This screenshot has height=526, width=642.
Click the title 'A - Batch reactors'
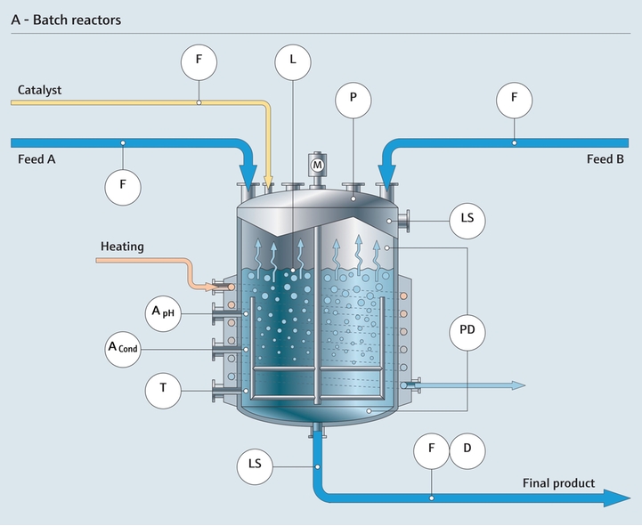click(x=67, y=19)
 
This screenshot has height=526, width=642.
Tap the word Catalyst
click(x=39, y=90)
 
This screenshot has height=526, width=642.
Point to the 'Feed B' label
click(x=605, y=159)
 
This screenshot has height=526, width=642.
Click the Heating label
click(x=122, y=246)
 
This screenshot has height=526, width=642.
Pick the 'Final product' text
click(x=558, y=482)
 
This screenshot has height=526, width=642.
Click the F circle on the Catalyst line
click(x=199, y=61)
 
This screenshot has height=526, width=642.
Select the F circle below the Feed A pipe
click(x=123, y=185)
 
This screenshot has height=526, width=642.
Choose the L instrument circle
click(x=292, y=61)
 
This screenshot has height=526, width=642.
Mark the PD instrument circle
click(x=467, y=329)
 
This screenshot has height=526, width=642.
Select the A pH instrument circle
click(x=164, y=312)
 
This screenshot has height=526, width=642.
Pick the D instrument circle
click(x=467, y=449)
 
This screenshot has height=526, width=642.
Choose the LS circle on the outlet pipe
click(x=256, y=465)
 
